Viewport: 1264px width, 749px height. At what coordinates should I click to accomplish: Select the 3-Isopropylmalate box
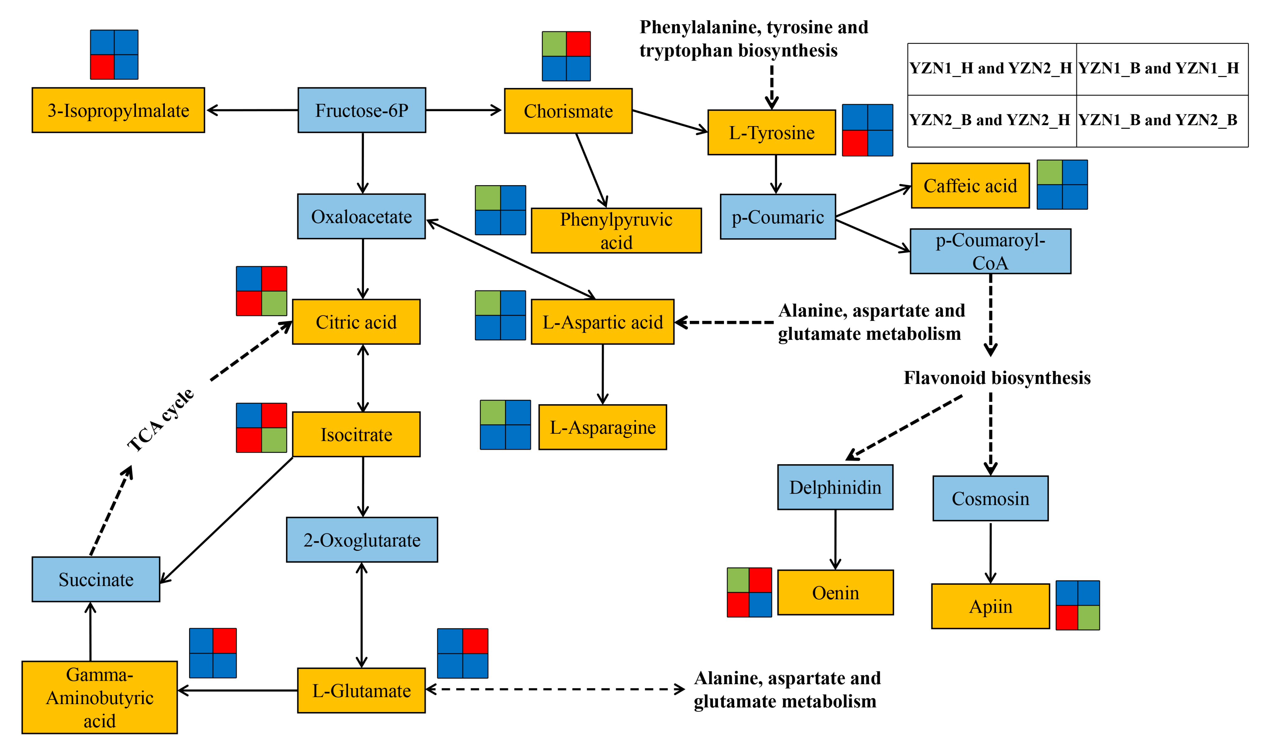(x=118, y=110)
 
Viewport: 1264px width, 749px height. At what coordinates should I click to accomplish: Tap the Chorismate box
(x=568, y=111)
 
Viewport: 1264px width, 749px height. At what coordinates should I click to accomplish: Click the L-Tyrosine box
(x=771, y=132)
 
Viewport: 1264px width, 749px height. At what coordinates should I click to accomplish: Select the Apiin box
(x=990, y=606)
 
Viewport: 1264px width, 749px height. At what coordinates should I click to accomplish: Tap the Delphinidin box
(x=835, y=487)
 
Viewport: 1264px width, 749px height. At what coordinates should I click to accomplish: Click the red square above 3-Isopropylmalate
(x=102, y=66)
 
